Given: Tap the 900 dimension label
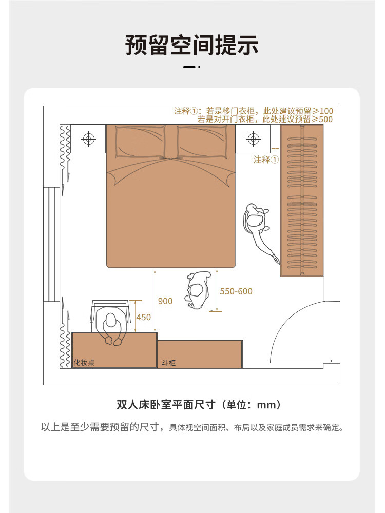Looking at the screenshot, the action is coord(165,301).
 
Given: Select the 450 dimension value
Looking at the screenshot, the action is coord(143,317).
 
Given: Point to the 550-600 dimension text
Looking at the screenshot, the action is coord(236,291).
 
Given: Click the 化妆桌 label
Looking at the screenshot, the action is coord(84,363).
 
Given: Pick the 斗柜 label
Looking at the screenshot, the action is coord(168,363).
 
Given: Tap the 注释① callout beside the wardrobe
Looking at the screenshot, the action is coord(266,160).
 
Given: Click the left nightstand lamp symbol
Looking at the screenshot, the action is coord(88,139).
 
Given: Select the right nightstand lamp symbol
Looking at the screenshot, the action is coord(253,139).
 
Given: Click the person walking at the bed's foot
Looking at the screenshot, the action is coord(198,290).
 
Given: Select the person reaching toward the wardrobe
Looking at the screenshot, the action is coord(260,231).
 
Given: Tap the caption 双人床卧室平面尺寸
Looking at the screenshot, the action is coord(166,405).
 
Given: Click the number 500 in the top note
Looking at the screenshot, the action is coord(326,120).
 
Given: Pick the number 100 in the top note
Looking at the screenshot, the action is coord(326,111).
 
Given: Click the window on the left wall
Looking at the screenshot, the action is coord(51,244).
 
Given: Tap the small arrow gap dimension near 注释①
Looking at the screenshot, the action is coord(275,149).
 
